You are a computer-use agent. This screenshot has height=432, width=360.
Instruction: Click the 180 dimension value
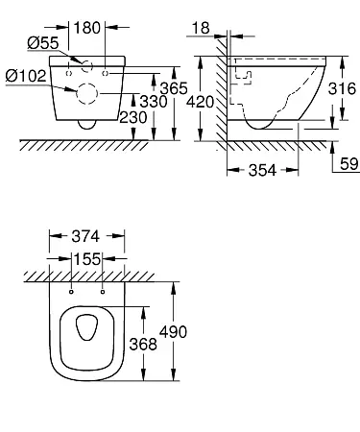coord(86,28)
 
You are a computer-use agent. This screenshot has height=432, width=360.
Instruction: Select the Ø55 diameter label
coord(43,43)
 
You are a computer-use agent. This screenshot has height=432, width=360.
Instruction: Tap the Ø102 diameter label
coord(26,76)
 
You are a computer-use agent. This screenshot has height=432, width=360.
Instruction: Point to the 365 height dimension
coord(174,88)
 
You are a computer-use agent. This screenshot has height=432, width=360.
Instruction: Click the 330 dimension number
coord(154,102)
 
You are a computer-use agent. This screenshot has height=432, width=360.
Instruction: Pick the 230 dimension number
coord(133,117)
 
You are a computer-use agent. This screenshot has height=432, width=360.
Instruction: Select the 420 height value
coord(200,102)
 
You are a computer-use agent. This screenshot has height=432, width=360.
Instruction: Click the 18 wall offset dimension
coord(201,28)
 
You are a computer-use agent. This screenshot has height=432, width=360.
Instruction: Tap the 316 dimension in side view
coord(342,88)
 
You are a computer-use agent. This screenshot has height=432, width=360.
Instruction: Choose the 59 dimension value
coord(349,164)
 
